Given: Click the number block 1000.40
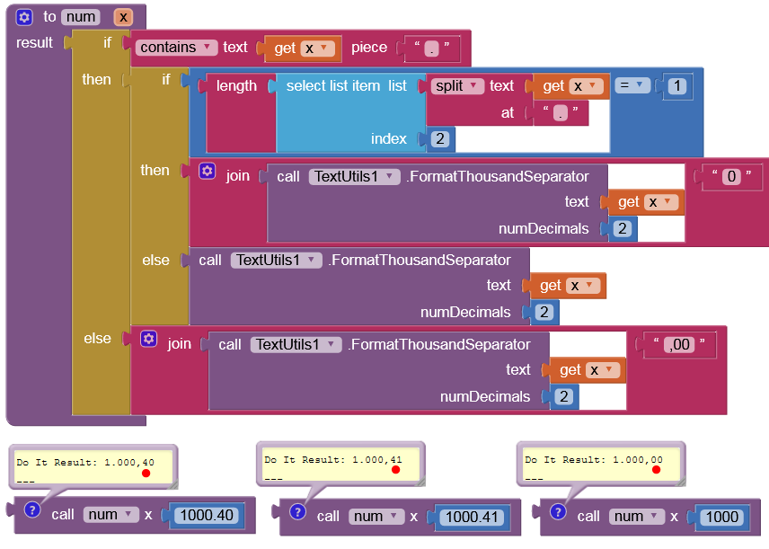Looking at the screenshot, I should [206, 516].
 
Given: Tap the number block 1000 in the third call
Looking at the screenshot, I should [722, 517].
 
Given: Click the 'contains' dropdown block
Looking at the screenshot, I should [177, 48].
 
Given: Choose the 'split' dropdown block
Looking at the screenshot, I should [456, 86].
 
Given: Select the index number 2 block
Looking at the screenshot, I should [439, 139].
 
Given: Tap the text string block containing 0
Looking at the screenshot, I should [732, 176].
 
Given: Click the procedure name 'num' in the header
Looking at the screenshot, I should [81, 17].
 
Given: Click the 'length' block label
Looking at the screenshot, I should [236, 86].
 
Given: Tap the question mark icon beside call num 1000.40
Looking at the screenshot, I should [32, 510].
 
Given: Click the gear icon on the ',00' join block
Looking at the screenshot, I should [149, 339].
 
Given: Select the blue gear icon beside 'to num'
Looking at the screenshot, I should [24, 17].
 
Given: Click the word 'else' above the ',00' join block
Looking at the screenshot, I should [98, 339].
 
